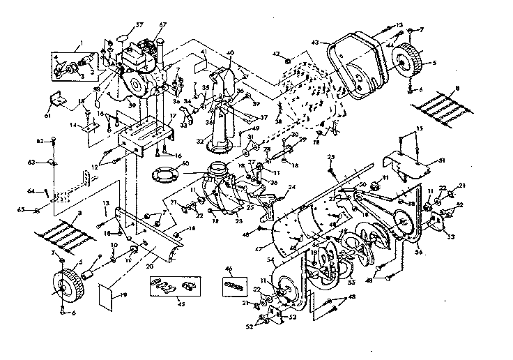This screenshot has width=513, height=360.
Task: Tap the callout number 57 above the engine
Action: tap(140, 24)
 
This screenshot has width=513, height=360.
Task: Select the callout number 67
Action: tap(163, 25)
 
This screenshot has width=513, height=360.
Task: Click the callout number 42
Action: tap(277, 54)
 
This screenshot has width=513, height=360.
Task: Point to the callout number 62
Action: tap(40, 142)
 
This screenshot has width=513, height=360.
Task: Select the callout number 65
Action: tap(40, 209)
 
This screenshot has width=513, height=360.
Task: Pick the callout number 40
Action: tap(231, 54)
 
